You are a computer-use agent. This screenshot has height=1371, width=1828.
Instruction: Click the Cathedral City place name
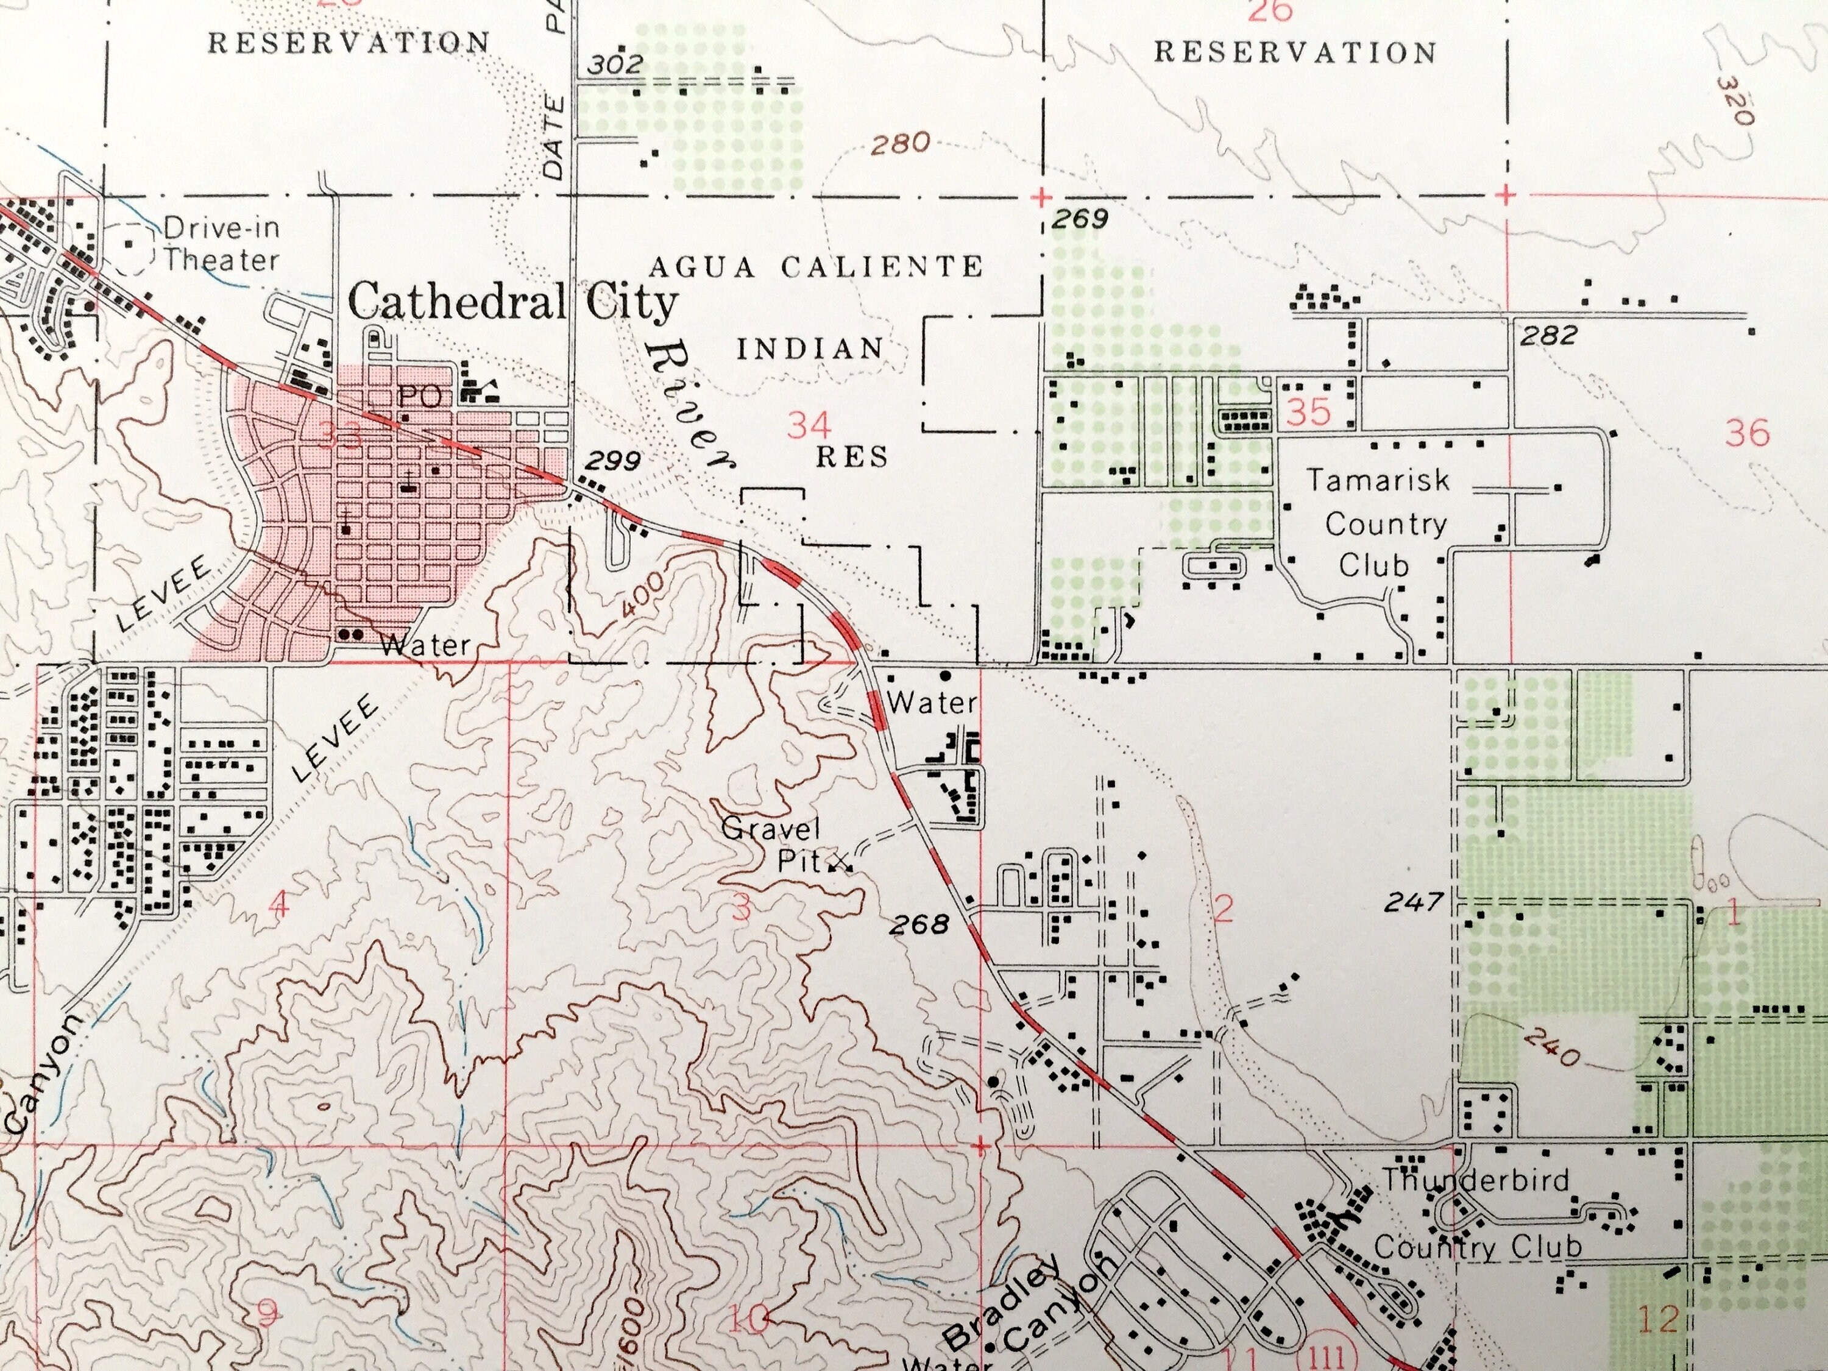click(x=512, y=302)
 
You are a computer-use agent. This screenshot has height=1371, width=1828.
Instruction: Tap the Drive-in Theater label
click(x=221, y=244)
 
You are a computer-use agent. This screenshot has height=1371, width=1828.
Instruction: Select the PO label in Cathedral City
click(x=420, y=397)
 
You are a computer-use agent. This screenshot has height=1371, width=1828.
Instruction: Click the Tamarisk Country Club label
click(x=1378, y=523)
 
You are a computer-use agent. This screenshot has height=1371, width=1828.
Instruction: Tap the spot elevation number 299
click(x=612, y=460)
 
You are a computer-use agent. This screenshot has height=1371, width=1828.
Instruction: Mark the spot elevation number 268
click(x=919, y=924)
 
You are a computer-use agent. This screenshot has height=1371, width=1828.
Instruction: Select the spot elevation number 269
click(x=1080, y=219)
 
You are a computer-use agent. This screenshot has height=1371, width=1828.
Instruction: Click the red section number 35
click(x=1309, y=411)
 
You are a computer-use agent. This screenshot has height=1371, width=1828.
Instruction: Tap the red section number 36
click(x=1748, y=432)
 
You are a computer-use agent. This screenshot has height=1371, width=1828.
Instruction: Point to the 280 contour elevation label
click(x=900, y=144)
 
